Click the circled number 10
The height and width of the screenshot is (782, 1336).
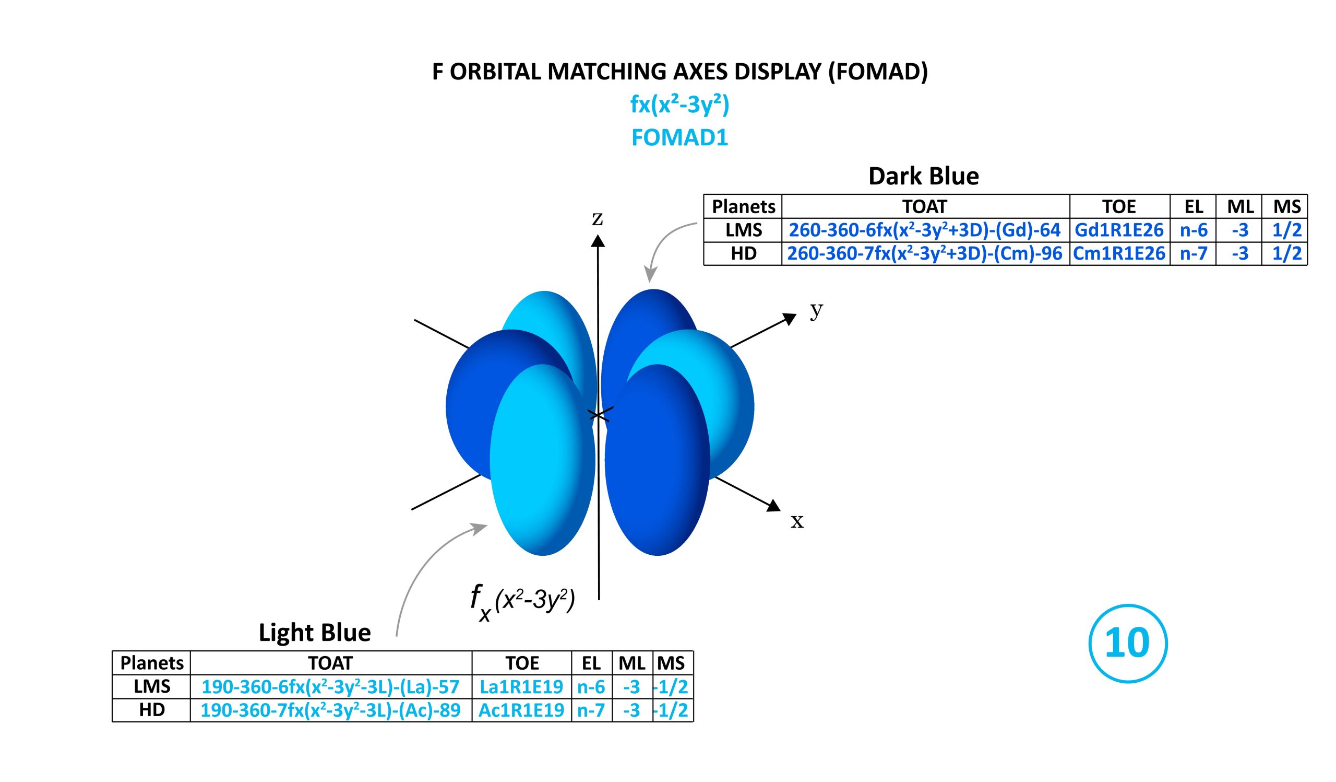coord(1128,644)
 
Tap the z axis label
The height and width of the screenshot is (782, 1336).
coord(598,218)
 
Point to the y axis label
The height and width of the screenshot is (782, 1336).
coord(816,310)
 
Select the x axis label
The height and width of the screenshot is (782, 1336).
coord(797,521)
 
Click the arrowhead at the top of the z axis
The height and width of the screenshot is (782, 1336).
coord(598,241)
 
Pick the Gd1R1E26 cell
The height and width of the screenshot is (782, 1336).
coord(1119,230)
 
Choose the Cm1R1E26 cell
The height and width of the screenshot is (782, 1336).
coord(1119,253)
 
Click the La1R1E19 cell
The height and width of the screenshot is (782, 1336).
coord(521,687)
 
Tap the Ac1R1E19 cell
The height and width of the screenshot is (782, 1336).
coord(521,710)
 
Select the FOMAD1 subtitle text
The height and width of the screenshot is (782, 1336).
coord(679,138)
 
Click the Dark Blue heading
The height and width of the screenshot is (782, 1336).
coord(924,176)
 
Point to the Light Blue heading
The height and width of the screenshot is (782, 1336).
coord(314,633)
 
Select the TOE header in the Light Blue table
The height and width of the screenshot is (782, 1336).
coord(522,663)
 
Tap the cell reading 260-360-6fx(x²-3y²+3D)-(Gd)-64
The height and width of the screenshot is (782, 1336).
coord(925,230)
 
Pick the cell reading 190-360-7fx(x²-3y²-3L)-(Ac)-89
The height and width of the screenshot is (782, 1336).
coord(331,710)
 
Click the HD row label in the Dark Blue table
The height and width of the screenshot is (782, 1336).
coord(743,253)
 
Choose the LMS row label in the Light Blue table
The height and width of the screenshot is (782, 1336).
coord(152,687)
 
